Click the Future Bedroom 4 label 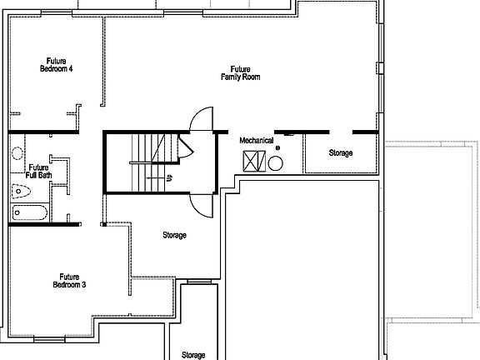click(x=56, y=65)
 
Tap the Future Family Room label click(x=241, y=72)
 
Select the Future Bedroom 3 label click(x=73, y=280)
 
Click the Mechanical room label click(x=257, y=141)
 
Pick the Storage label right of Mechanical click(x=340, y=153)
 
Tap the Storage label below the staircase click(x=174, y=235)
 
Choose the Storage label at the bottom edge click(x=193, y=355)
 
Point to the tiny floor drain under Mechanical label click(x=278, y=148)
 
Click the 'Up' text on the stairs click(x=169, y=177)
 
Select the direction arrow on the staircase click(x=154, y=177)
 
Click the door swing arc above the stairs click(x=202, y=119)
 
